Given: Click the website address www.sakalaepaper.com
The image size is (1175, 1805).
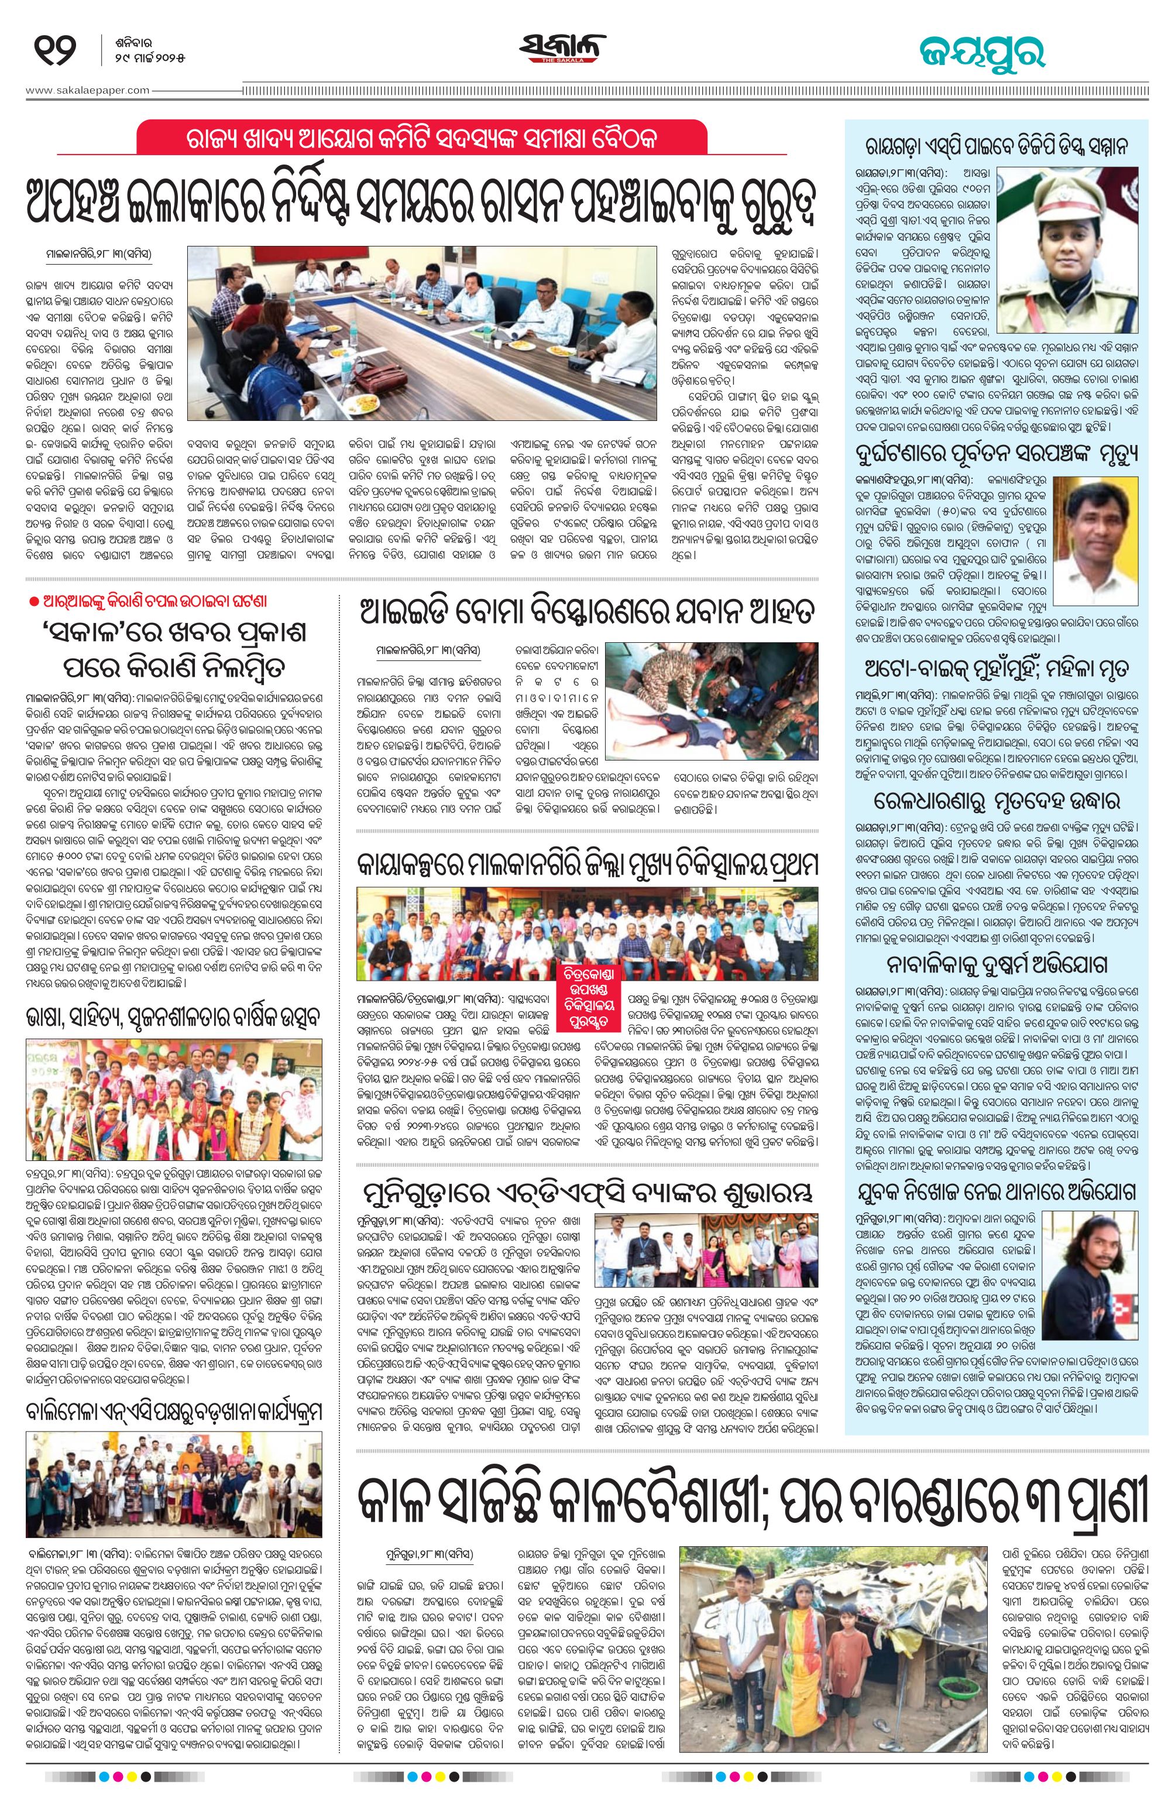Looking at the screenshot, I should click(88, 90).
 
